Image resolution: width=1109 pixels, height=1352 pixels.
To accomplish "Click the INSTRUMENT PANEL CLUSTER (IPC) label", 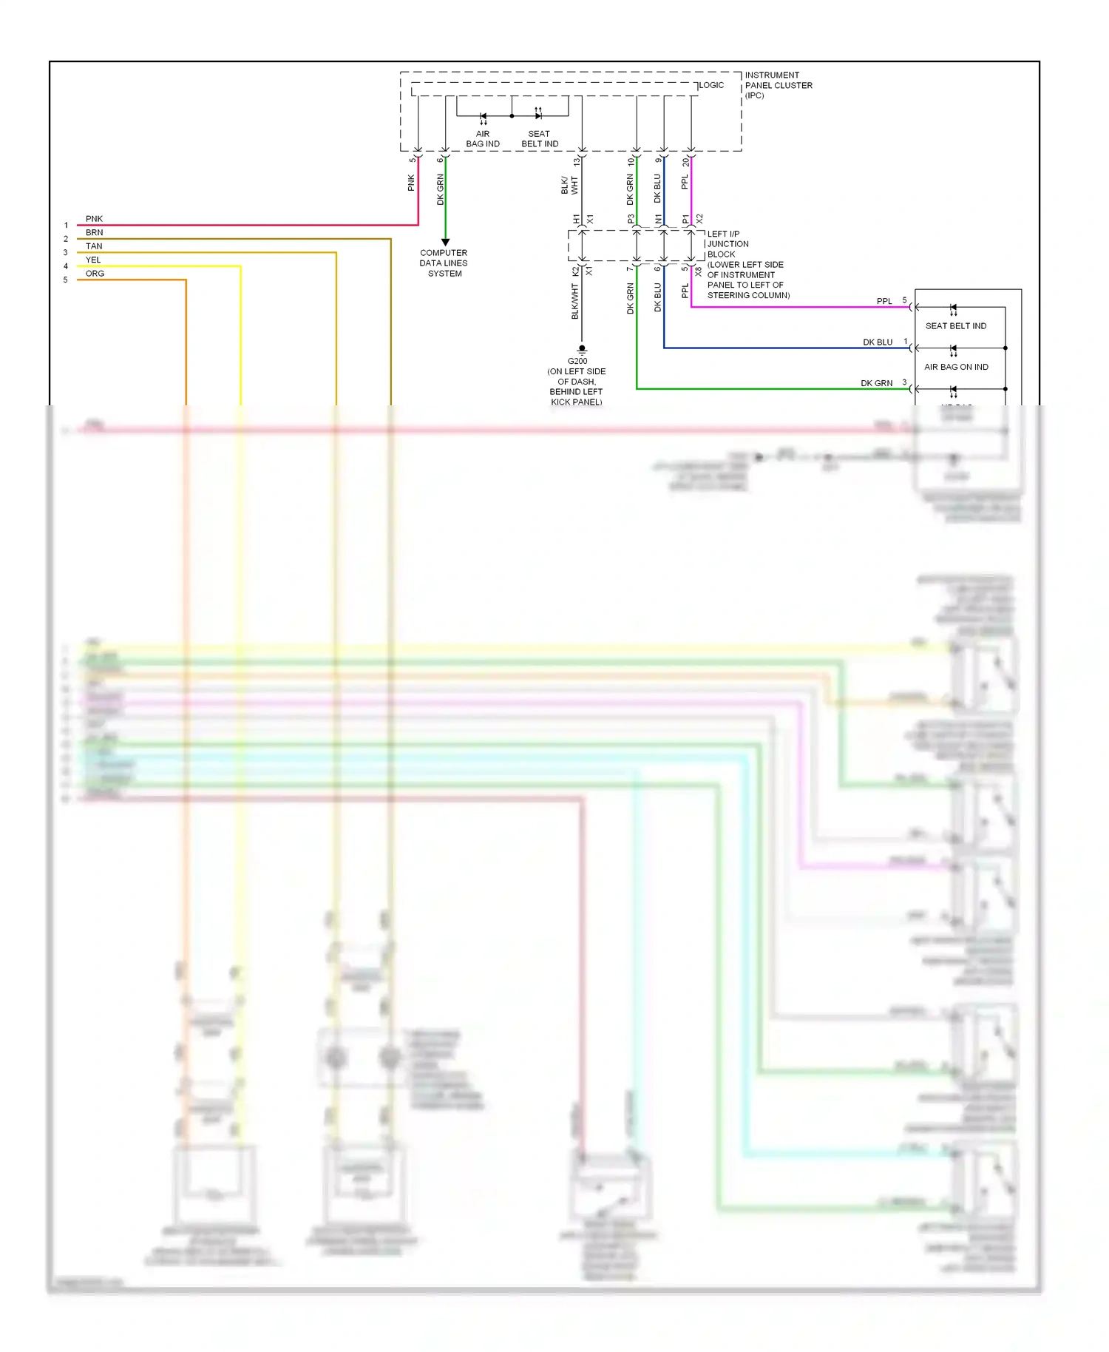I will coord(778,85).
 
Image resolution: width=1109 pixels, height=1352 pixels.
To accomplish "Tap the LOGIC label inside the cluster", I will coord(711,85).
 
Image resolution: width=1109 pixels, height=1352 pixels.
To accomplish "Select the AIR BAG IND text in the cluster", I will coord(483,139).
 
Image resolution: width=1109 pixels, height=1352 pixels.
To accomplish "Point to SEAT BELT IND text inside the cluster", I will coord(540,139).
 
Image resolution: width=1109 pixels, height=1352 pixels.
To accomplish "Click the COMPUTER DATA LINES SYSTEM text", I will coord(444,263).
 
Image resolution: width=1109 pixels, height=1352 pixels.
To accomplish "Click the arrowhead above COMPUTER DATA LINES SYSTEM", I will coord(445,242).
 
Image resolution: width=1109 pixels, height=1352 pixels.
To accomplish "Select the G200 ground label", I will coord(577,361).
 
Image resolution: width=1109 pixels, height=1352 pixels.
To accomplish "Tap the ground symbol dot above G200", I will coord(582,348).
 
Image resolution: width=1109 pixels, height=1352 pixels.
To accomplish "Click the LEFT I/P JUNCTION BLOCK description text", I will coord(747,265).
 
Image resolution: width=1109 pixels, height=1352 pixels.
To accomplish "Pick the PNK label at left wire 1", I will coord(94,219).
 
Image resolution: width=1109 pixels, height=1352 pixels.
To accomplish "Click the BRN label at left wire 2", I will coord(94,232).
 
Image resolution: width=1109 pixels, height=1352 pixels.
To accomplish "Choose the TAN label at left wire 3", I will coord(94,246).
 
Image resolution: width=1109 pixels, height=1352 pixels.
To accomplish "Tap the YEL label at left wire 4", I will coord(93,260).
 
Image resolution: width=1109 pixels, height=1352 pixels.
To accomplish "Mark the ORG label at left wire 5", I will coord(95,274).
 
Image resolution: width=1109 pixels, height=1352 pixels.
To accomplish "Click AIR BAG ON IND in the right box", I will coord(956,367).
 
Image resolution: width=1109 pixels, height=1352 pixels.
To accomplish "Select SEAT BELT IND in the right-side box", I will coord(956,325).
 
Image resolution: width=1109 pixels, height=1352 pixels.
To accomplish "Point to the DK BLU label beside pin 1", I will coord(878,342).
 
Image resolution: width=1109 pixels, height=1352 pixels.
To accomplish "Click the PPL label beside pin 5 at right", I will coord(884,301).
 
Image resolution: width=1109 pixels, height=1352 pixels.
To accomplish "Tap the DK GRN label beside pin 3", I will coord(876,383).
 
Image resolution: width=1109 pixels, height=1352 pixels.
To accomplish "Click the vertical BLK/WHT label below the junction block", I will coord(574,302).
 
